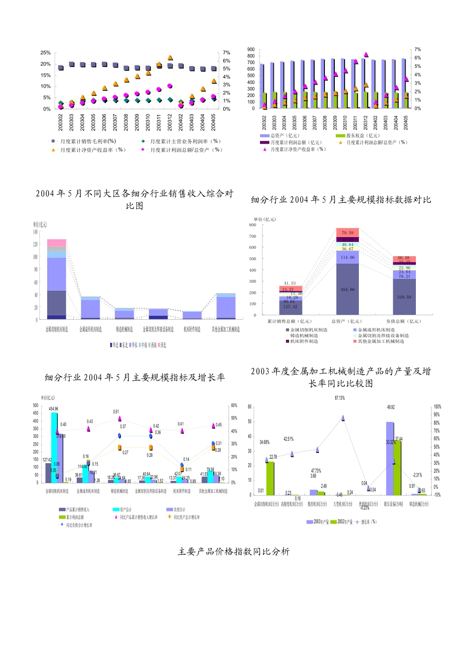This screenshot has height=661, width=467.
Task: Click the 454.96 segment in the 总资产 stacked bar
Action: [x=348, y=289]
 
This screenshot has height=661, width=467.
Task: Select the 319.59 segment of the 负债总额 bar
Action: [x=404, y=297]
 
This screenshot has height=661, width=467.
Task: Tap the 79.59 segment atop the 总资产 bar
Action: [x=348, y=233]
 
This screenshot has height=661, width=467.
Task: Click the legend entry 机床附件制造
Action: [x=304, y=341]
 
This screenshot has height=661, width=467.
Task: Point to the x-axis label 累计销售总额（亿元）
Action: [x=290, y=321]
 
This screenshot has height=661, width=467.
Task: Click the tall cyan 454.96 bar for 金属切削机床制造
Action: [x=54, y=448]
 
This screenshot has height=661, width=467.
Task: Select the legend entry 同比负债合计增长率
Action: [x=79, y=525]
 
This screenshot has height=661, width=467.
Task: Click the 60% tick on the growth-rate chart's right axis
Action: [x=234, y=406]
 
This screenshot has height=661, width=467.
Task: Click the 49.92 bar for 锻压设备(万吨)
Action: [x=390, y=458]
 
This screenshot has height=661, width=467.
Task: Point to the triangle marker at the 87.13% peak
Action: [x=343, y=418]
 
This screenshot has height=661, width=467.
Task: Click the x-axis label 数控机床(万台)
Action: [x=317, y=504]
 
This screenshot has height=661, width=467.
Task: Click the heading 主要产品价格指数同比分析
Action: [x=233, y=552]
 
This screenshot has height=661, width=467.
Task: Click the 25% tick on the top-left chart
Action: [x=46, y=53]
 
